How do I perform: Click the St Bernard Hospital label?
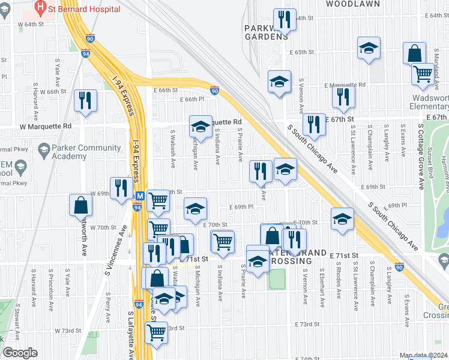(85, 9)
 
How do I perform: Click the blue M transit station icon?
(139, 196)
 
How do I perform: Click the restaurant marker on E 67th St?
(313, 124)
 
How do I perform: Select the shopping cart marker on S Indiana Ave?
(222, 241)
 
